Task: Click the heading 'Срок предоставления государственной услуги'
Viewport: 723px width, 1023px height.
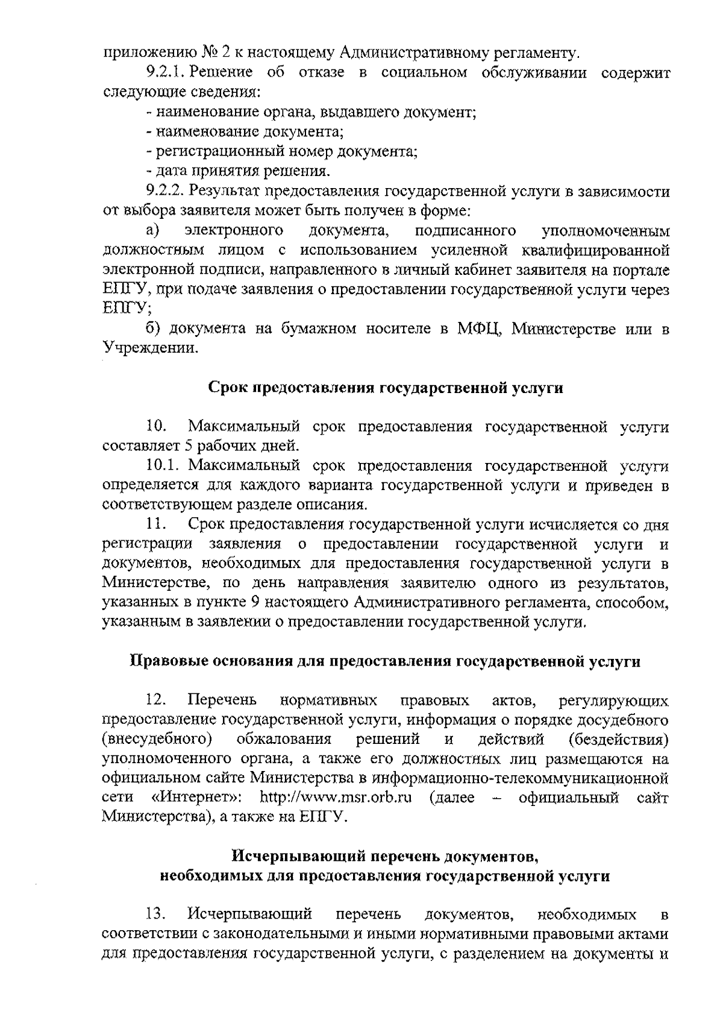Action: pos(386,388)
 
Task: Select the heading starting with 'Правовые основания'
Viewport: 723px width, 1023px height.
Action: pos(386,661)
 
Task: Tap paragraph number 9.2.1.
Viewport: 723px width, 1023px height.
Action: pos(166,73)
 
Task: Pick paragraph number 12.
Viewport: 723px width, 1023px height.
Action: pos(156,700)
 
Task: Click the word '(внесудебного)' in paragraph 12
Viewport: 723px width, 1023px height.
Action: pos(157,740)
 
